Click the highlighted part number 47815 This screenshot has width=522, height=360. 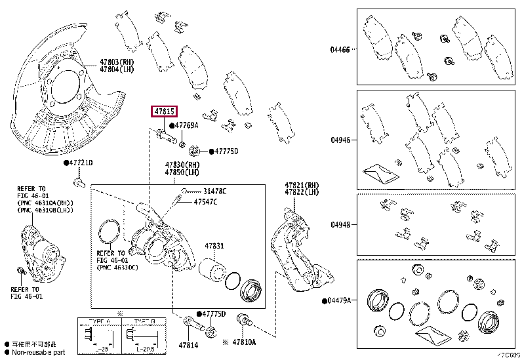tap(164, 112)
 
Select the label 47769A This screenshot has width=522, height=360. tap(187, 125)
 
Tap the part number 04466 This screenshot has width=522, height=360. tap(340, 49)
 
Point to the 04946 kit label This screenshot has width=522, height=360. tap(340, 139)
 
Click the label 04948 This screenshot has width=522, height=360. tap(340, 224)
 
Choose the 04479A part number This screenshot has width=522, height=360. tap(338, 300)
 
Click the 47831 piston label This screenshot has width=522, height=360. tap(214, 246)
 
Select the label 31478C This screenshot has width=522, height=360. tap(214, 191)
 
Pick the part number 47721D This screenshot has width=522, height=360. tap(81, 163)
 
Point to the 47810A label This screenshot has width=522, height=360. tap(244, 342)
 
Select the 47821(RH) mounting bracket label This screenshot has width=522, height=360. tap(302, 185)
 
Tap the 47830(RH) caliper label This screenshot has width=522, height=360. tap(182, 165)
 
